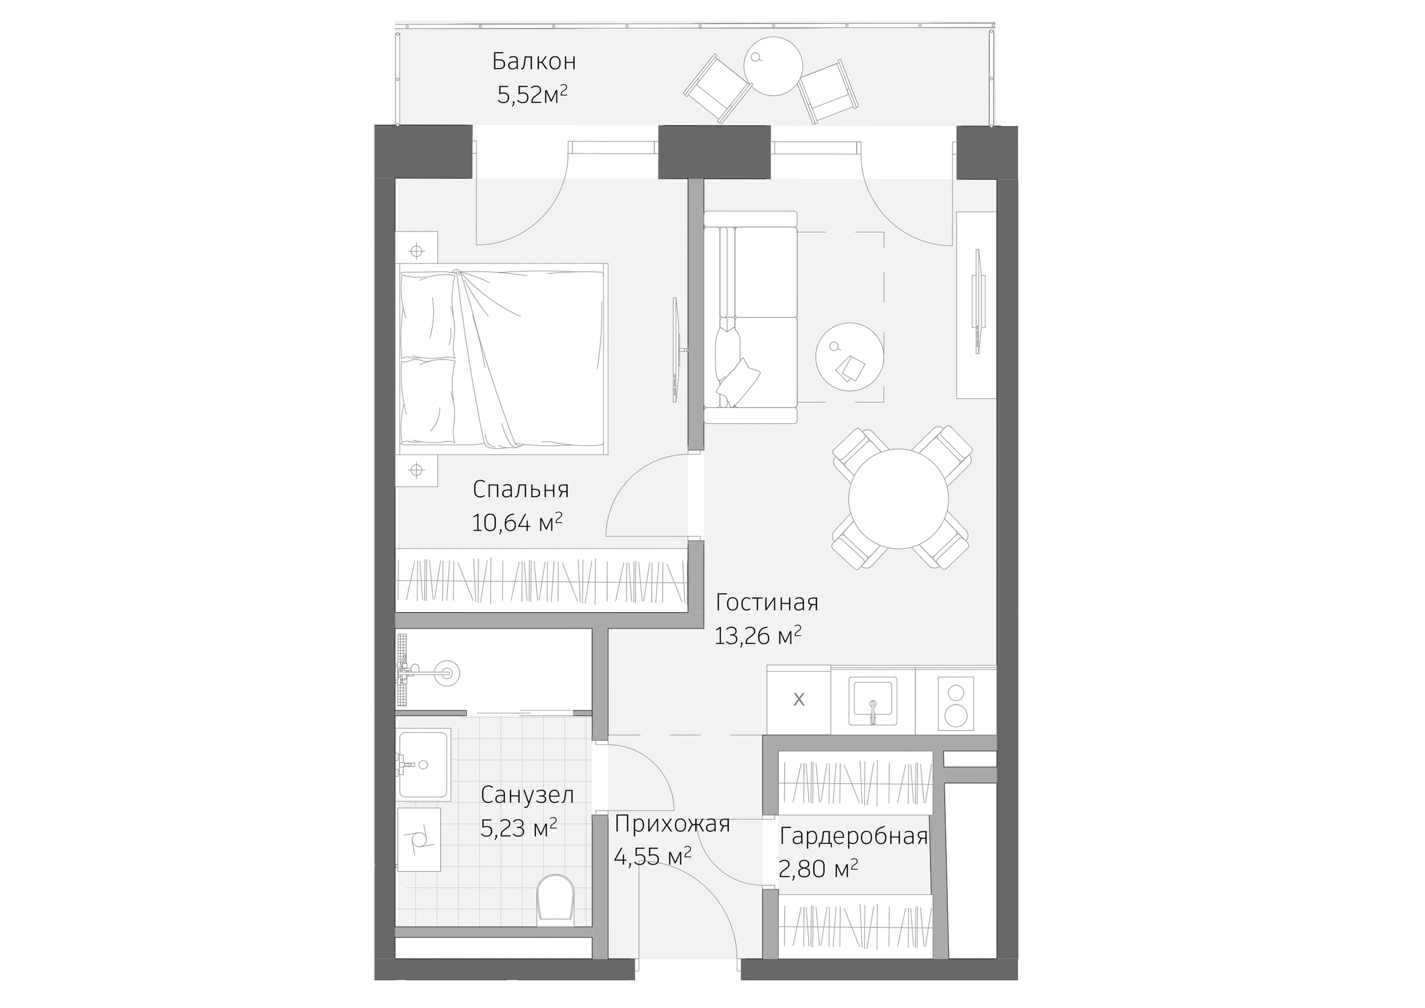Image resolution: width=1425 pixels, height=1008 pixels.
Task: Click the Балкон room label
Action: (534, 61)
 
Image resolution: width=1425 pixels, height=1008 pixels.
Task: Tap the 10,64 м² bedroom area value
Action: (516, 522)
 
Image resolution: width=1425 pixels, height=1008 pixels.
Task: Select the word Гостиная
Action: (767, 602)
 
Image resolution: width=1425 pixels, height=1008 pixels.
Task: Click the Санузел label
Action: (527, 794)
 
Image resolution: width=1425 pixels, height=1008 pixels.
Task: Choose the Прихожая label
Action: (671, 824)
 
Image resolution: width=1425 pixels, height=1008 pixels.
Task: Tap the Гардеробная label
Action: (853, 836)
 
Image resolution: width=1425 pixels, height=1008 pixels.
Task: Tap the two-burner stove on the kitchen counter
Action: (955, 702)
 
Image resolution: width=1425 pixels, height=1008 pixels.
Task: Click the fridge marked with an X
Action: (799, 700)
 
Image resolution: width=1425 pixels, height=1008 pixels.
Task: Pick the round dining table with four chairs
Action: (898, 499)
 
